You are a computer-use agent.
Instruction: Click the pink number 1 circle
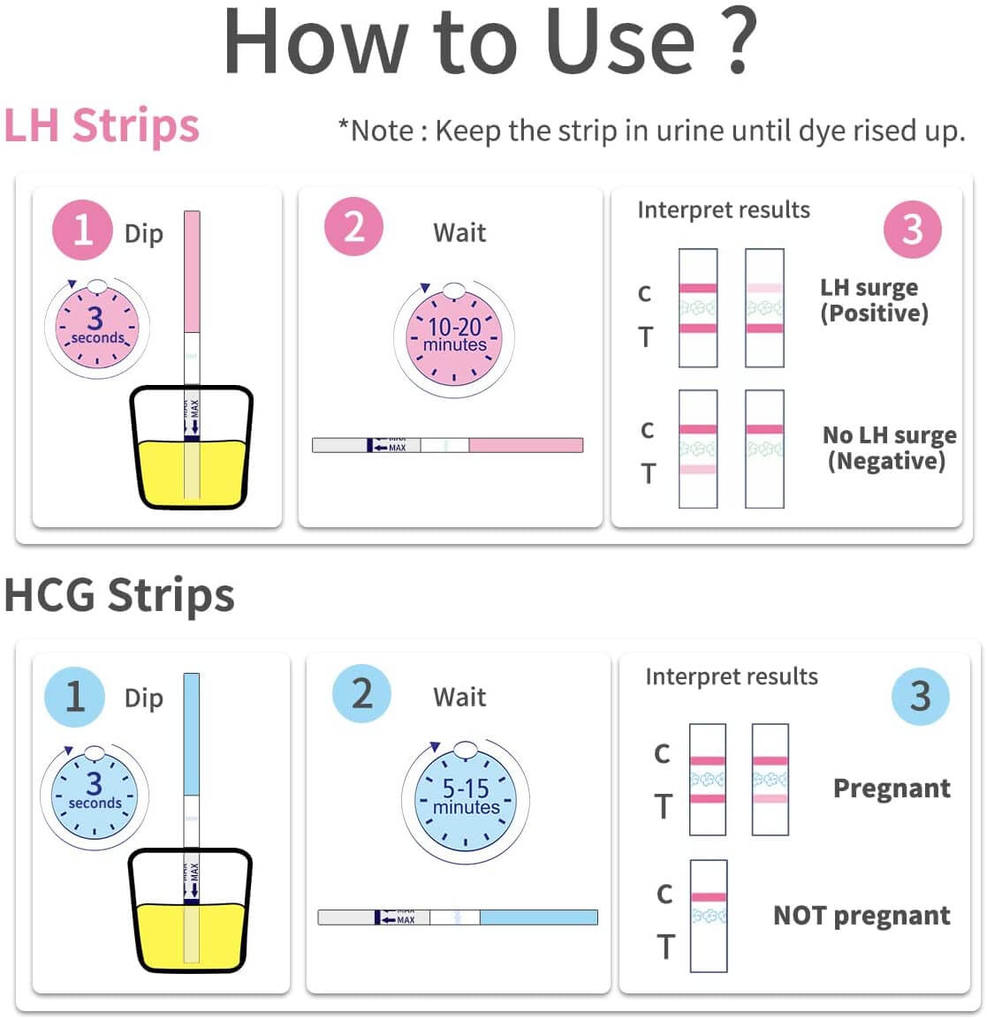coord(81,230)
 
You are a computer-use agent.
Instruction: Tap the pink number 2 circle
coord(353,227)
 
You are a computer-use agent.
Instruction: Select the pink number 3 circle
coord(912,230)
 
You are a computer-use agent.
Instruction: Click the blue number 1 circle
coord(75,697)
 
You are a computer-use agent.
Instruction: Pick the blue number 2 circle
coord(361,694)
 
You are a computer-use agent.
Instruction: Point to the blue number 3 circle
coord(920,697)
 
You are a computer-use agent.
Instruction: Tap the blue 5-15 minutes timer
coord(466,800)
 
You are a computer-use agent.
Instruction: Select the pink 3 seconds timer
coord(95,328)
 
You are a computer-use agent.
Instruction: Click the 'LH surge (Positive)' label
coord(874,300)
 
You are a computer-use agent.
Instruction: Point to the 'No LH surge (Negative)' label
coord(888,448)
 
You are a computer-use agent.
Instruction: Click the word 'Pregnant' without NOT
coord(892,788)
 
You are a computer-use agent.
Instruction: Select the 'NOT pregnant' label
coord(862,916)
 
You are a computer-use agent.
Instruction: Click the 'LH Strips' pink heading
coord(102,126)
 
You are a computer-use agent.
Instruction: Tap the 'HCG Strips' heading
coord(119,595)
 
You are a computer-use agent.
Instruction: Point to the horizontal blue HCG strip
coord(458,917)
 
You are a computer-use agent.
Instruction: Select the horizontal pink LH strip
coord(447,445)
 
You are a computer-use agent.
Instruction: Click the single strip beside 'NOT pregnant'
coord(708,916)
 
